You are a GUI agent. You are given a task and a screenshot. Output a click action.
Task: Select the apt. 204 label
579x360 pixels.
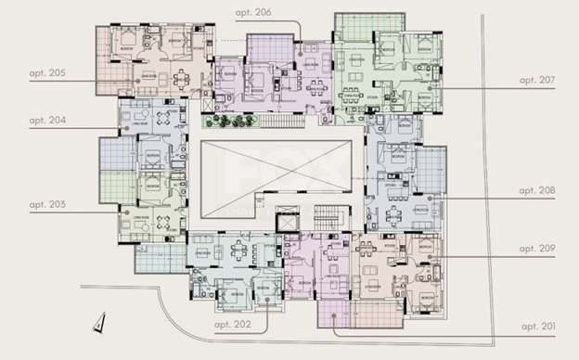(x=47, y=121)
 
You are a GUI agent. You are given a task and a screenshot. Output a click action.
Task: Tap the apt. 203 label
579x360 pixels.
(x=47, y=203)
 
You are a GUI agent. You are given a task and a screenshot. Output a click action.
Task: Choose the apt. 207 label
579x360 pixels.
(x=536, y=80)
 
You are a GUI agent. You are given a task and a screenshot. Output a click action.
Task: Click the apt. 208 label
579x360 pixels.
(x=536, y=190)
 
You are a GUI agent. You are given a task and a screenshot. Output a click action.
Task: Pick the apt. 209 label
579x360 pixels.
(x=536, y=249)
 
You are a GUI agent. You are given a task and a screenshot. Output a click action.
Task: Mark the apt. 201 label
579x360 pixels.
(x=536, y=327)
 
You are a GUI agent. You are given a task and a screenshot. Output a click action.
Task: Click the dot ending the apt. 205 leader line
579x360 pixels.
(x=138, y=80)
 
